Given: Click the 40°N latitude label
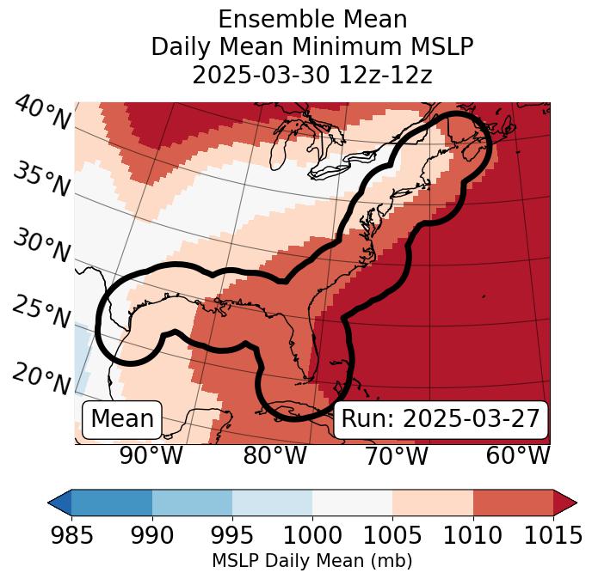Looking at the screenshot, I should tap(42, 113).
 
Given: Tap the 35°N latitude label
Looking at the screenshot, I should tap(41, 179).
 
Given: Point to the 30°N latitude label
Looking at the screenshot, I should tap(41, 247).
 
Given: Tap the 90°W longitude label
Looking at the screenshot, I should tap(151, 455).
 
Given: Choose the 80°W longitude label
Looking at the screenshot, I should tap(275, 455).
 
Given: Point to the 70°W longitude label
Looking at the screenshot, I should tap(396, 455).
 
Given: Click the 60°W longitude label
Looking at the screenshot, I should tap(518, 455).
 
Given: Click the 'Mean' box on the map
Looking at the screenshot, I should tap(122, 419).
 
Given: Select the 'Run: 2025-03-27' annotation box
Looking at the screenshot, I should tap(441, 419).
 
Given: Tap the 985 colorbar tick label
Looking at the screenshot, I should tap(71, 536).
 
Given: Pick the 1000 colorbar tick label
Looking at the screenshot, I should tap(311, 536).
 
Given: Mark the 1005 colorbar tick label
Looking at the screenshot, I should tap(392, 536).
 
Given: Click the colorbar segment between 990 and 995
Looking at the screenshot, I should tap(192, 503).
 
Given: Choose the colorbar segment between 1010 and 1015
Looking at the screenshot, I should tap(513, 503).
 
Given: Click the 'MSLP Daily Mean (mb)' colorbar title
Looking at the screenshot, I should tap(311, 562).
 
